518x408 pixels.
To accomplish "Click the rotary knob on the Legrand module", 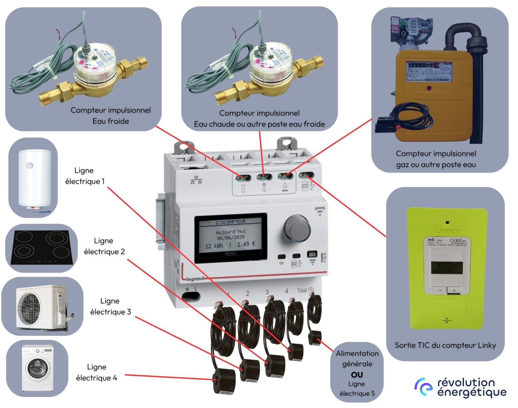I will click(297, 227).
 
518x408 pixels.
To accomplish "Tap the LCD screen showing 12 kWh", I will click(231, 238).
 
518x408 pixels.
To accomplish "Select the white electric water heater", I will click(34, 178).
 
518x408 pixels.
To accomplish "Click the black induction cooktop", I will click(41, 248).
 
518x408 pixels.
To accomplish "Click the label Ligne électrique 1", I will click(84, 176).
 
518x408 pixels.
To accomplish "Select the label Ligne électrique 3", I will click(110, 306).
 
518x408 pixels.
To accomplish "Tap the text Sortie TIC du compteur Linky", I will click(445, 345).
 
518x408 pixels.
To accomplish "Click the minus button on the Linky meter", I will click(440, 290).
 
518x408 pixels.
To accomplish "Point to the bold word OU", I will click(357, 375).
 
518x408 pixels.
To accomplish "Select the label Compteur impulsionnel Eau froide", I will click(111, 116).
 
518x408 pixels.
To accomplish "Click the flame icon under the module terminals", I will click(285, 186).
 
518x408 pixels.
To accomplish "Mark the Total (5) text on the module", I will click(305, 290).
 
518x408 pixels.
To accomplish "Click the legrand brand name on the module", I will click(195, 278).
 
